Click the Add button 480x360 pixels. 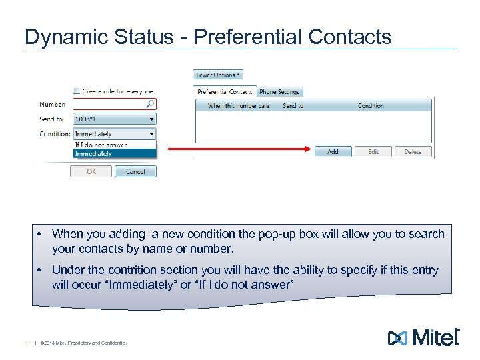[333, 152]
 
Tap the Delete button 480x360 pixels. [413, 152]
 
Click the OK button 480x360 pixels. [91, 171]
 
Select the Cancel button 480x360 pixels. [135, 171]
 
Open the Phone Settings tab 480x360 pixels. [279, 91]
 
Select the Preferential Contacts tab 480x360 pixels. [225, 91]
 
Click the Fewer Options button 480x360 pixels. [218, 75]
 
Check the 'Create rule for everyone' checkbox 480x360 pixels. [77, 91]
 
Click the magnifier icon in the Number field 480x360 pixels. [151, 104]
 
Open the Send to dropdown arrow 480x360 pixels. [151, 119]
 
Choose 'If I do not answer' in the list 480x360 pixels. [101, 145]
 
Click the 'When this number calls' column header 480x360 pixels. [239, 106]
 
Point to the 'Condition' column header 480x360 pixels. [371, 106]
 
